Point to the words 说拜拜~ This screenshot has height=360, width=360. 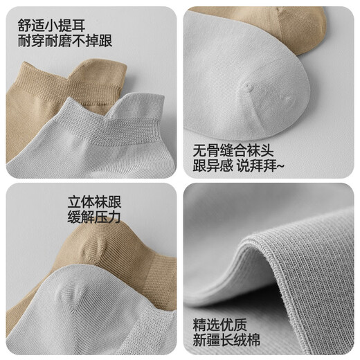(270, 167)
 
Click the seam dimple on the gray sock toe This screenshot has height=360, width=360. (247, 87)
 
